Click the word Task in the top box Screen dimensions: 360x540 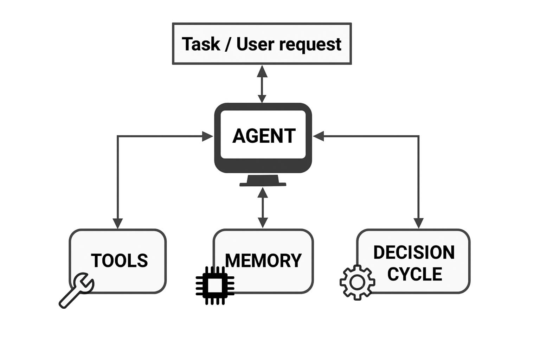point(201,44)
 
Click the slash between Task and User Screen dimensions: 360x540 point(228,45)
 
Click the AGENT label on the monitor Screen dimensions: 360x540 point(264,136)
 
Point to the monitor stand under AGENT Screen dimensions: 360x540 point(263,181)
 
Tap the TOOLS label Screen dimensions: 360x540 point(119,261)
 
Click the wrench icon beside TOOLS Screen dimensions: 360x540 point(76,290)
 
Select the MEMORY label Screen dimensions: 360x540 point(263,261)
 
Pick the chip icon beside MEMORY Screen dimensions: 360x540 point(215,285)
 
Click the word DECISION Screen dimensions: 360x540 point(414,252)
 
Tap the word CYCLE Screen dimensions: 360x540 point(414,274)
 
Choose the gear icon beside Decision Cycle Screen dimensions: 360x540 point(357,283)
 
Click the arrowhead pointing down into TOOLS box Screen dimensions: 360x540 point(118,223)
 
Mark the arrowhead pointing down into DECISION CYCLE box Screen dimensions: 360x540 point(418,223)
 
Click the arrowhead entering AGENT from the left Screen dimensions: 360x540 point(207,136)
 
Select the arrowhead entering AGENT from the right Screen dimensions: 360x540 point(319,136)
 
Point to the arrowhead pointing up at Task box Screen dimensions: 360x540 point(262,71)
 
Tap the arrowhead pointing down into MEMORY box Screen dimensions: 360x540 point(263,223)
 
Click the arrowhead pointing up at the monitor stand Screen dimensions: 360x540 point(263,193)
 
